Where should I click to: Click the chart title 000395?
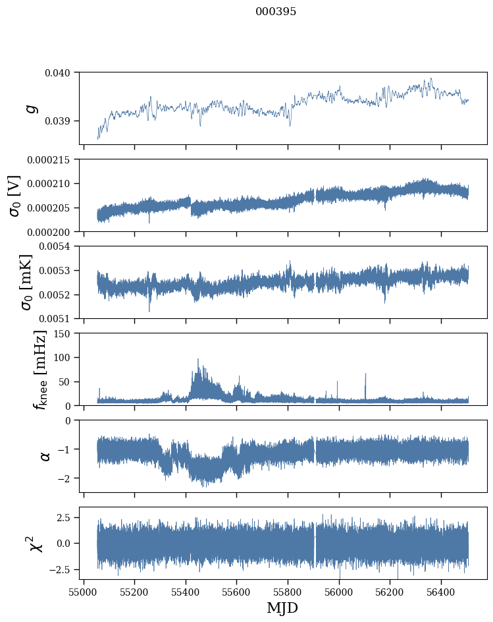[x=276, y=12]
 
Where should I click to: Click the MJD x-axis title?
[x=282, y=608]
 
